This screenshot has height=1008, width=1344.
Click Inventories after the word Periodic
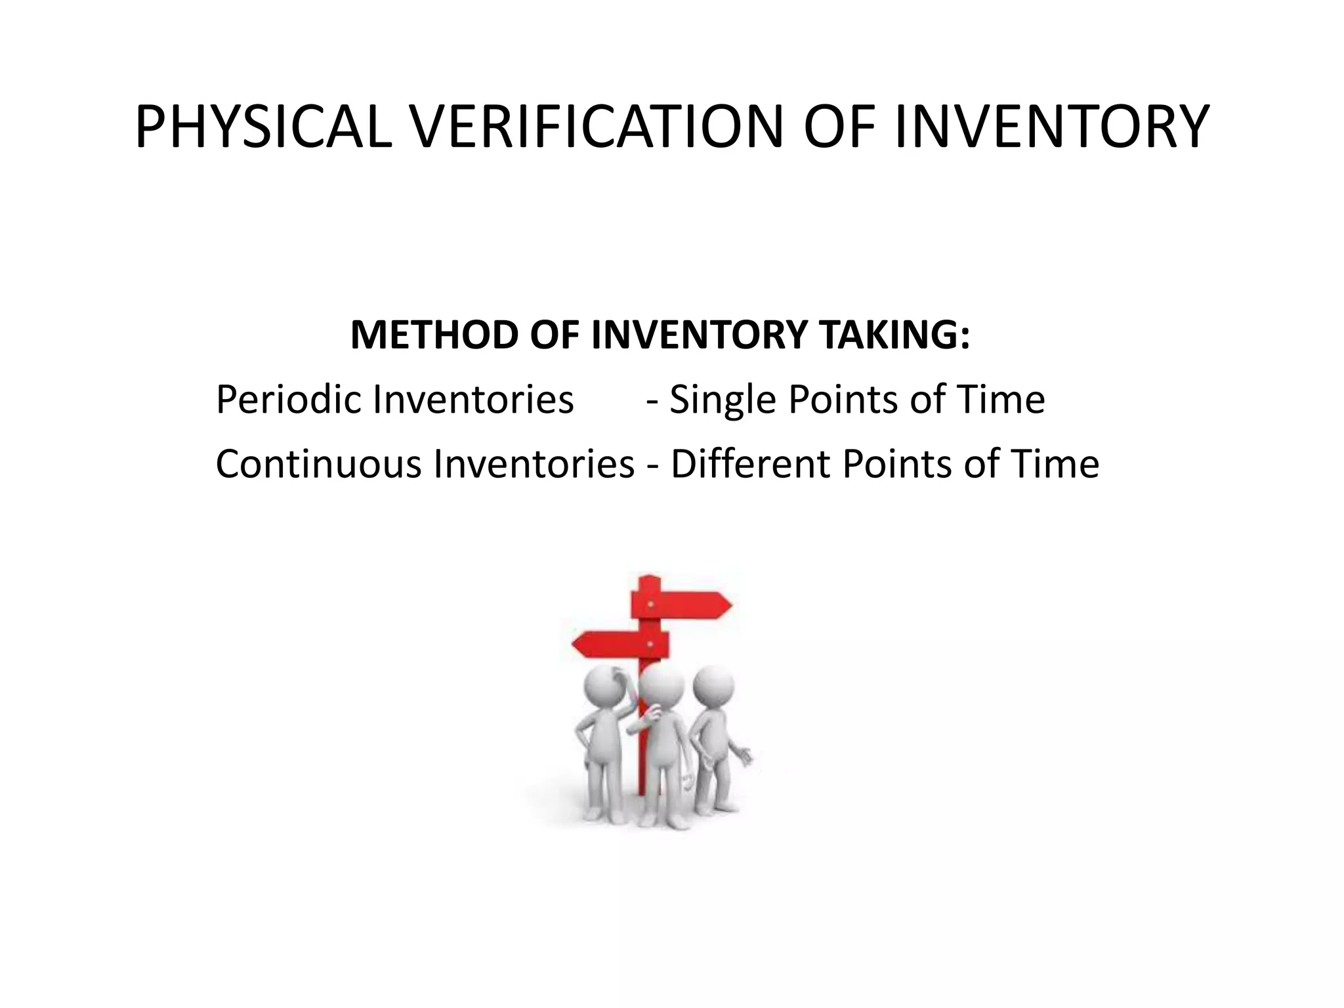[x=472, y=400]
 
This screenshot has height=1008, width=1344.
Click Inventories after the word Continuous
[x=534, y=464]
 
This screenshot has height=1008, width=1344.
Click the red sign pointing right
[x=682, y=604]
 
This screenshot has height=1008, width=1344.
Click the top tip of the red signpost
[x=649, y=579]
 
